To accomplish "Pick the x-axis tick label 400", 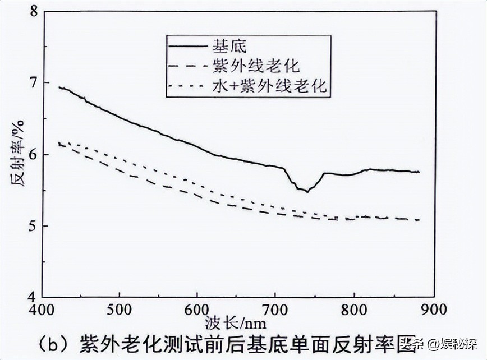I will click(x=40, y=309).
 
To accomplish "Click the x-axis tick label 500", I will click(x=118, y=309).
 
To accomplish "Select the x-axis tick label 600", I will click(x=197, y=309).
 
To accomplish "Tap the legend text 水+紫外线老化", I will click(x=269, y=86).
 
